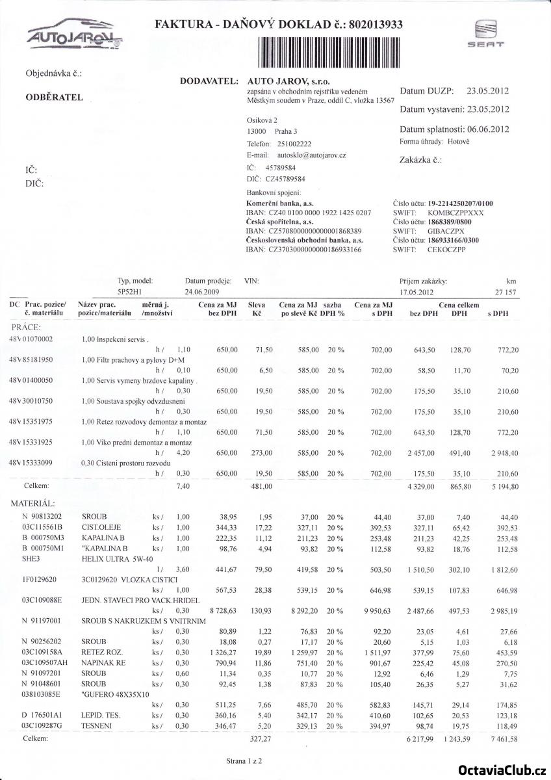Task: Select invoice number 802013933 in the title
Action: coord(376,25)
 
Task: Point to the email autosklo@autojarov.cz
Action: coord(311,155)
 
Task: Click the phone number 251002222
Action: coord(294,144)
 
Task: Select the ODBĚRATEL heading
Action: coord(54,97)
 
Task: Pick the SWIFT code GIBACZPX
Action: coord(446,231)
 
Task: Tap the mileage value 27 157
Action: coord(505,292)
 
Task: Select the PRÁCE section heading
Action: coord(26,326)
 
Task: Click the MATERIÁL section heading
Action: coord(32,502)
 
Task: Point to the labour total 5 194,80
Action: coord(504,486)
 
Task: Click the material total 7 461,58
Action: coord(504,739)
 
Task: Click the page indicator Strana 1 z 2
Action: coord(244,759)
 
